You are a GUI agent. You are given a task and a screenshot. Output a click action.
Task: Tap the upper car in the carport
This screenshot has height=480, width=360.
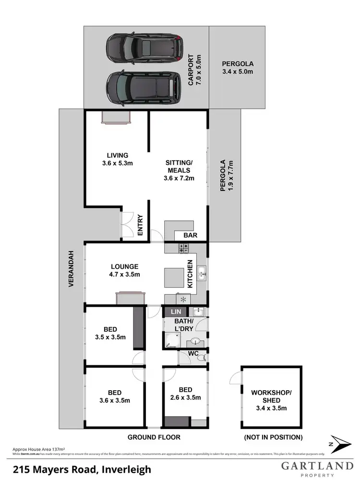pos(144,47)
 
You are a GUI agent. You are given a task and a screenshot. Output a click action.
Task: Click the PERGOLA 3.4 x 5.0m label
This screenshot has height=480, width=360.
pos(237,68)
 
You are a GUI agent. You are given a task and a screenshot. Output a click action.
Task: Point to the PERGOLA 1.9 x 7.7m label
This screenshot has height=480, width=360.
pos(226,176)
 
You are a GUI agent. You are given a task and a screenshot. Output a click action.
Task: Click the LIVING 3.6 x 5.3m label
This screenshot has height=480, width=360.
pos(117,159)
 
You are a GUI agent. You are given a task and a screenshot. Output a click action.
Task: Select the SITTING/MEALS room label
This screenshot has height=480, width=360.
pos(179,170)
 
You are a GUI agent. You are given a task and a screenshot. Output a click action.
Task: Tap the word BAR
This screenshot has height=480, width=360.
pos(190,236)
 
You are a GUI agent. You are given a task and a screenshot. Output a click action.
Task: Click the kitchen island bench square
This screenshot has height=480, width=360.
pos(173,277)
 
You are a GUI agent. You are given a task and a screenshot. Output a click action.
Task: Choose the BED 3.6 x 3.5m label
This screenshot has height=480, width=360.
pos(114,396)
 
